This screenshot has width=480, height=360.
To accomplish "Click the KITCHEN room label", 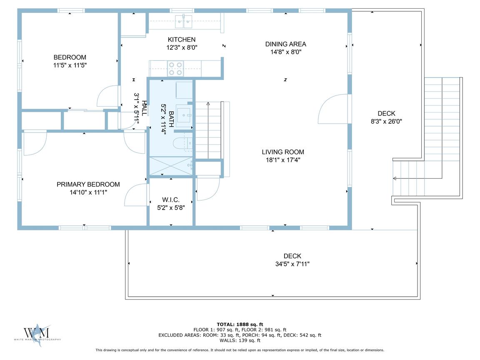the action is point(182,40).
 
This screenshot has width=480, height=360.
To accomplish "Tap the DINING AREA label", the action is point(285,44).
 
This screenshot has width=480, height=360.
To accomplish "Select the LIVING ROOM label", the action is point(283,152).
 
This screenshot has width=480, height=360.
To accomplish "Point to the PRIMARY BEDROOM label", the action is point(88,184).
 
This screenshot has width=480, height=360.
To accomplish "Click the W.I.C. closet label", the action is point(171,200).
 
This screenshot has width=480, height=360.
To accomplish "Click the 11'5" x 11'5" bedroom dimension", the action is point(70,65).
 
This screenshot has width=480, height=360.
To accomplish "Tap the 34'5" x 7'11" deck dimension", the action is point(292,264).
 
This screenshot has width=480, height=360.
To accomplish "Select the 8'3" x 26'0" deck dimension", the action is point(386,121).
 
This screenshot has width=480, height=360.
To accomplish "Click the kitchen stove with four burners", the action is point(175,69).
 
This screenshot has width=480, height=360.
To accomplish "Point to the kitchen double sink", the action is point(184,21).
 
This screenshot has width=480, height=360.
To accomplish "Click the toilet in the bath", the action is point(183,144).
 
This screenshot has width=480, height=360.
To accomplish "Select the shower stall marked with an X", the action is point(170,166).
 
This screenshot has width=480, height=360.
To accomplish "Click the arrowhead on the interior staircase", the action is point(208,104).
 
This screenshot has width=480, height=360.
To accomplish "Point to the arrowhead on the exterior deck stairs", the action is point(395,178).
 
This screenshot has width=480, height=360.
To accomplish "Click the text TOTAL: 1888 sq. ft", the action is point(240,325).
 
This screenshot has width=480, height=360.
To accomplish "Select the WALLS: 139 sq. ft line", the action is point(240,340).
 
